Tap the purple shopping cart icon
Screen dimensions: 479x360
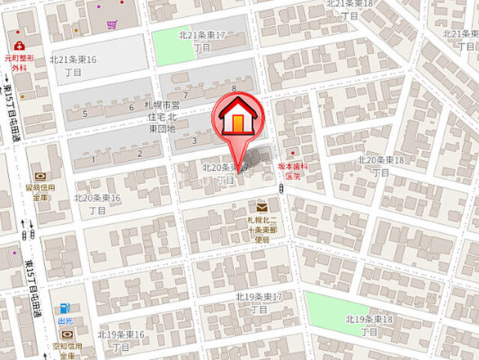click(112, 25)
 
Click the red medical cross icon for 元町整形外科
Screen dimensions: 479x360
click(19, 46)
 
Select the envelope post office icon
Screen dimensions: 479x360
click(262, 207)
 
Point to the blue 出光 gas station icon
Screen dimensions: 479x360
click(65, 307)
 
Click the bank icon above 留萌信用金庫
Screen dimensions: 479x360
click(40, 176)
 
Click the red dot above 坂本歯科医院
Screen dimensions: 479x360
click(292, 154)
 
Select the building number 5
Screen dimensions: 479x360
click(85, 113)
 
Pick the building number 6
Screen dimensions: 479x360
click(131, 106)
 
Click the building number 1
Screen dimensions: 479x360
click(94, 158)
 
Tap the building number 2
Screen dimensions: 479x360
click(139, 154)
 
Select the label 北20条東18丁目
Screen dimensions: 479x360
click(382, 166)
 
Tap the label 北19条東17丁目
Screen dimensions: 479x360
click(259, 302)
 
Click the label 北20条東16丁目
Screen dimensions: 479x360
click(97, 204)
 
